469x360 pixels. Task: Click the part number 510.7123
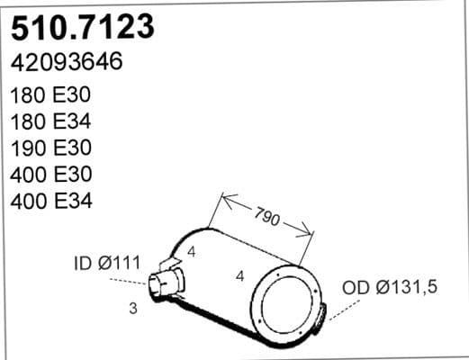click(82, 27)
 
